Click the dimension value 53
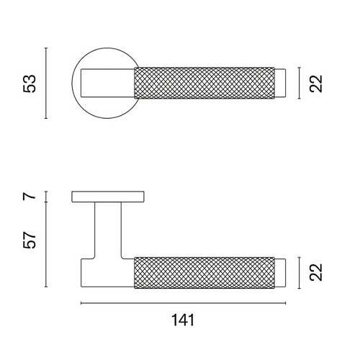tap(30, 84)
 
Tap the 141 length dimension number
tap(183, 320)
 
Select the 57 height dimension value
tap(30, 240)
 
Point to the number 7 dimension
tap(30, 197)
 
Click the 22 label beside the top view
tap(316, 84)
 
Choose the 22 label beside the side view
tap(316, 272)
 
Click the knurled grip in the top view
tap(204, 83)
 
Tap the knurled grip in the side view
tap(204, 273)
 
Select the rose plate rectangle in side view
tap(108, 197)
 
